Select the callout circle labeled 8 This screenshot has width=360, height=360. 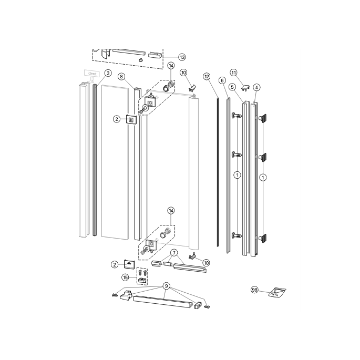pos(121,77)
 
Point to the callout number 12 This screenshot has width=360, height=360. pos(207,77)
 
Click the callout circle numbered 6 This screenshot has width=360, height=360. pos(222,80)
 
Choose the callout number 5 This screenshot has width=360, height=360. pos(232,87)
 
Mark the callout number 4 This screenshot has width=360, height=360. pos(256,87)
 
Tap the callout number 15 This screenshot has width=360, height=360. pos(126,277)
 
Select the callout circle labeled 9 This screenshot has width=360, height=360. pos(166,286)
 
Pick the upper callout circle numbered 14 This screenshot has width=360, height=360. pos(171,66)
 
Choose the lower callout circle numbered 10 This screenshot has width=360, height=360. pos(206,262)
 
